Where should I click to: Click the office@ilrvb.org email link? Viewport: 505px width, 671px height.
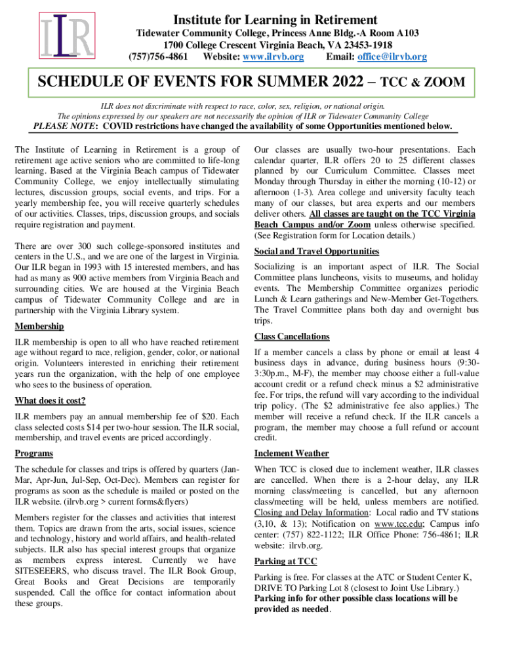392,57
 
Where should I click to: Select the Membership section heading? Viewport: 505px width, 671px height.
39,326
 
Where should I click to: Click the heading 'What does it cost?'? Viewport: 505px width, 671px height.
50,400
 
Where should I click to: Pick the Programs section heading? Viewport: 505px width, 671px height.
33,453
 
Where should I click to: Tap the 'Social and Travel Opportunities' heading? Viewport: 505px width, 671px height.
317,251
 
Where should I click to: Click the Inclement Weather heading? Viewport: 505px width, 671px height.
291,453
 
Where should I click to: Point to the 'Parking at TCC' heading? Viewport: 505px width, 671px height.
285,561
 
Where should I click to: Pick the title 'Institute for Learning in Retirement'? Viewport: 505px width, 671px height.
274,20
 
